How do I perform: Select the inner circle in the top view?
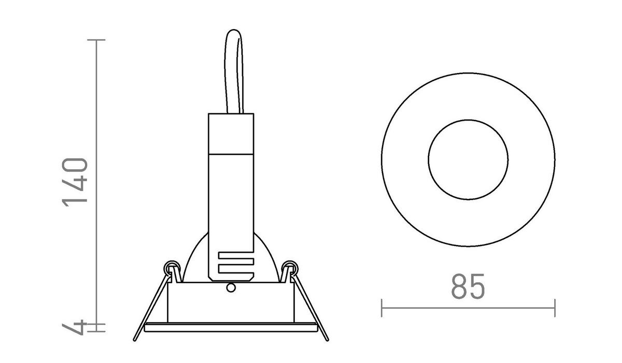[x=468, y=159]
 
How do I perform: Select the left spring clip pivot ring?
[x=169, y=268]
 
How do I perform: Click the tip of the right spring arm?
[x=327, y=340]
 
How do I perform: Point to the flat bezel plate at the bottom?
[x=231, y=327]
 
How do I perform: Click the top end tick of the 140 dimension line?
[x=96, y=40]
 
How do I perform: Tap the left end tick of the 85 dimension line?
[x=382, y=308]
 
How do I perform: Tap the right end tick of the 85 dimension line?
[x=555, y=308]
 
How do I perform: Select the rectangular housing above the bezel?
[x=231, y=303]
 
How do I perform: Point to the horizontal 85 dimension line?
[x=468, y=308]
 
